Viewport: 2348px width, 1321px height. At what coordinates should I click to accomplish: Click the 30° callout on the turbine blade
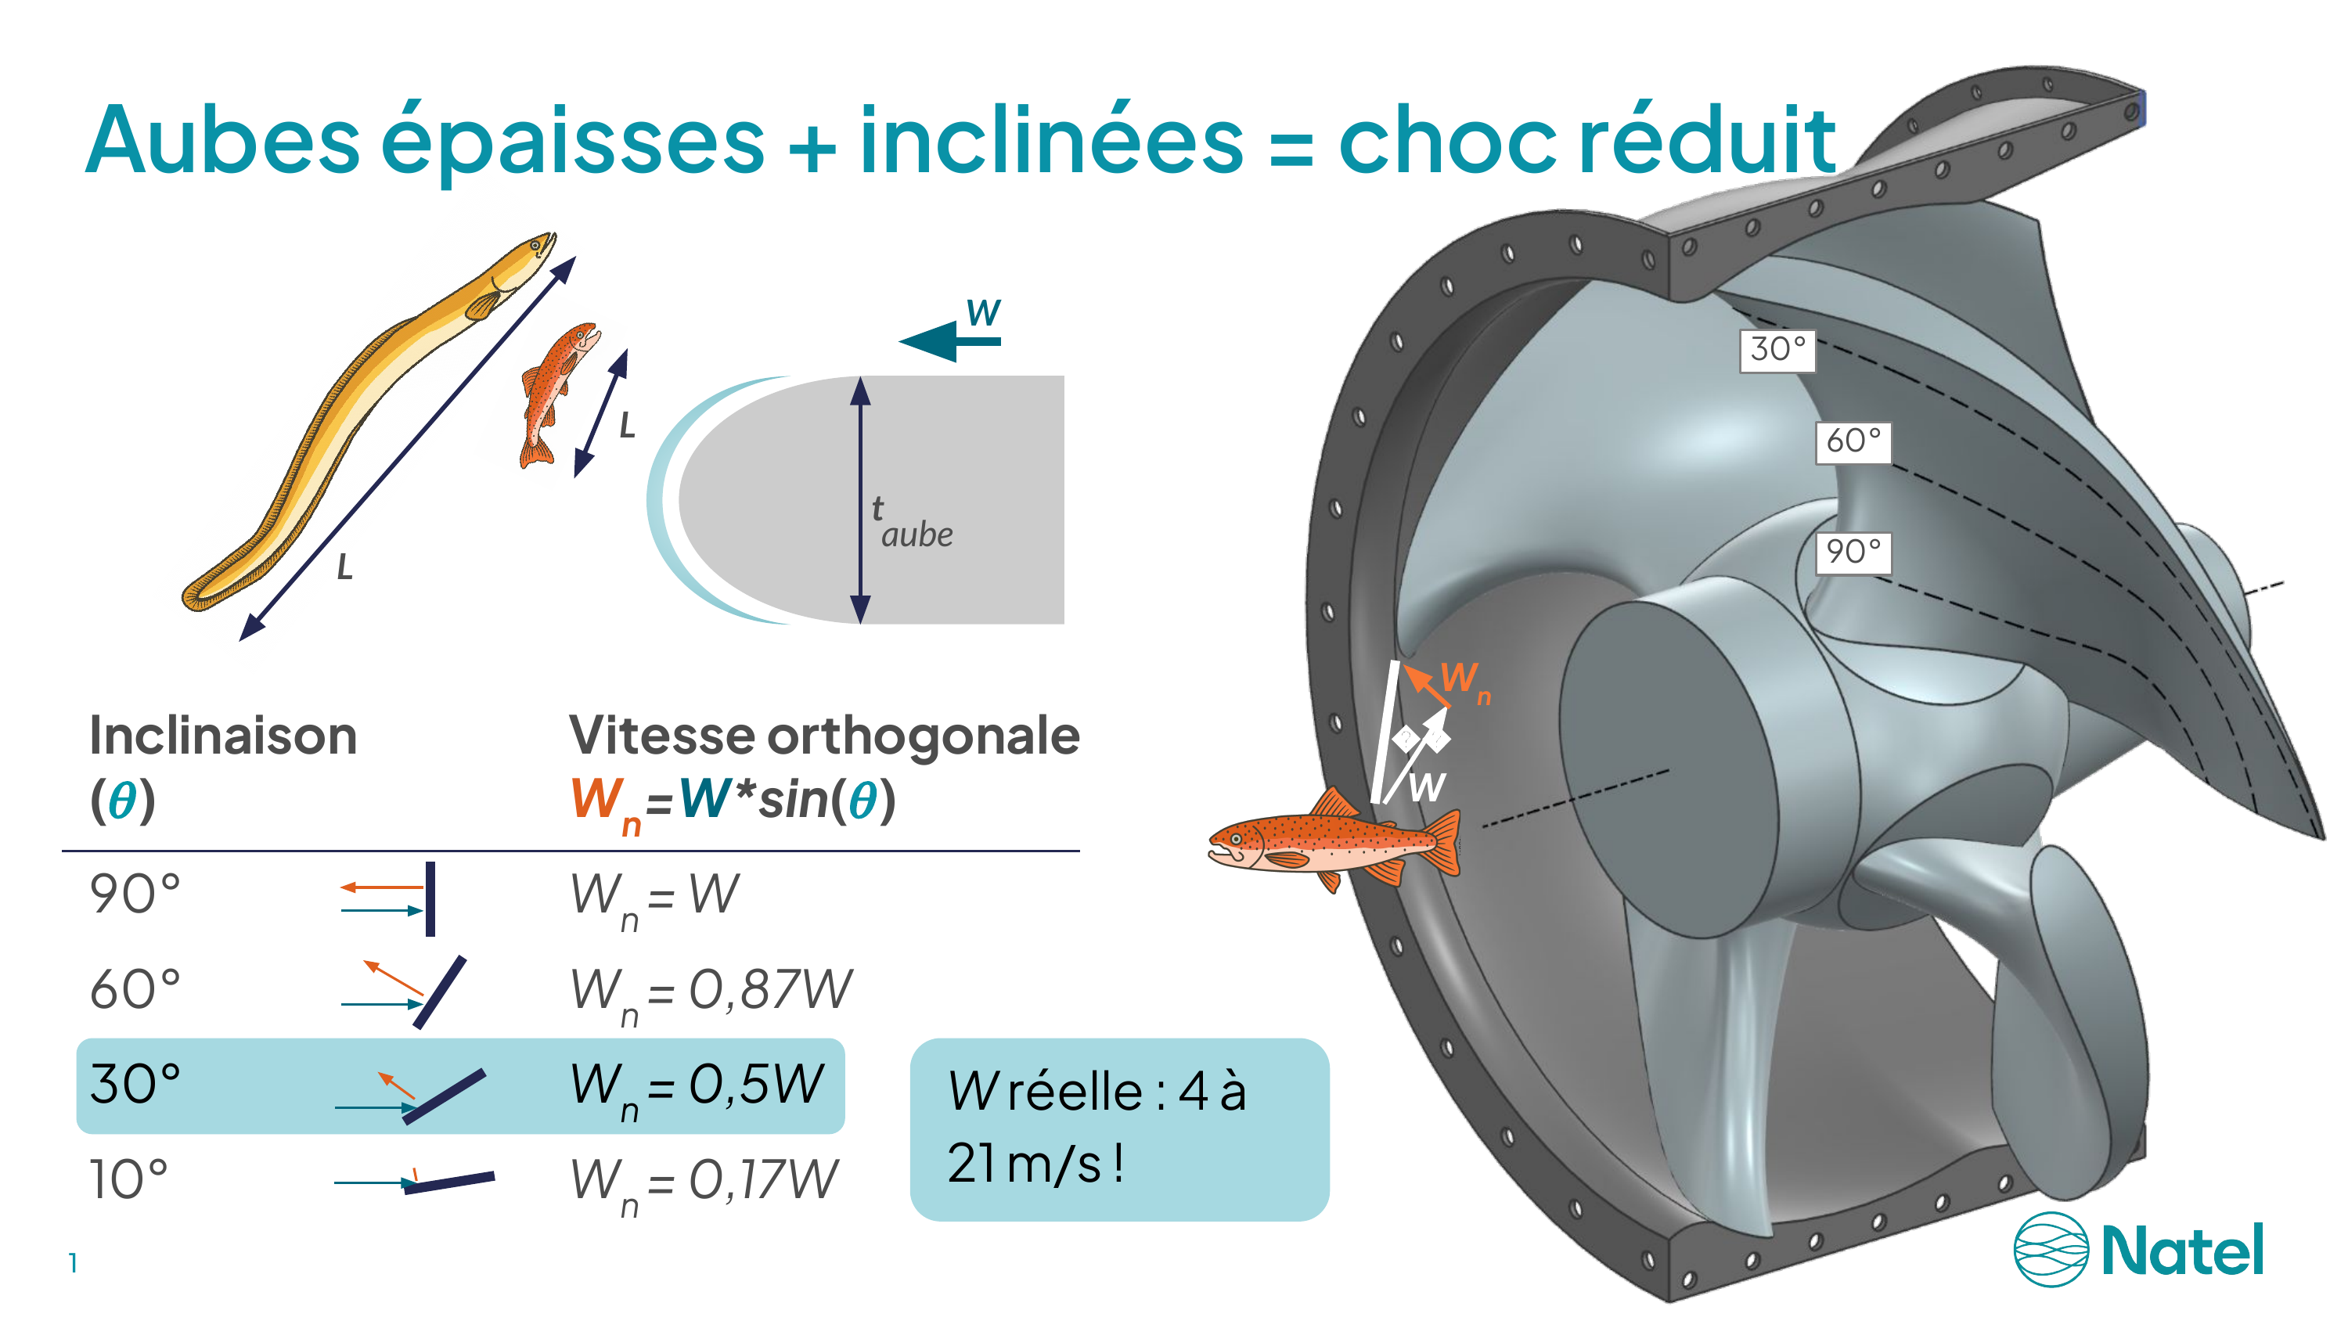point(1777,350)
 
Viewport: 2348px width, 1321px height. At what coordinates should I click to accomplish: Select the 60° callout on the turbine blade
point(1853,442)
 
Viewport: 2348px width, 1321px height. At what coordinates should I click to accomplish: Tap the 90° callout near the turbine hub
point(1853,553)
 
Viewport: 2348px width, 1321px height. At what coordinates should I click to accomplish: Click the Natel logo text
point(2182,1250)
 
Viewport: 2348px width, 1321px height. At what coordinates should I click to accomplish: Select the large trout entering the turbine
point(1334,839)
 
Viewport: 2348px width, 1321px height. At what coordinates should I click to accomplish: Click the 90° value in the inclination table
point(135,894)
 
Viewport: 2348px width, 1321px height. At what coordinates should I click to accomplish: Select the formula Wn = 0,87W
point(711,994)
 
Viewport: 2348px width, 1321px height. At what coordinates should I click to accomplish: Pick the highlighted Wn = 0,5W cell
point(697,1089)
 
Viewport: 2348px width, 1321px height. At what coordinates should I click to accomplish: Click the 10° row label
point(128,1179)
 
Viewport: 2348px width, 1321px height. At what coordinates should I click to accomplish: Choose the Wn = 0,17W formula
point(704,1183)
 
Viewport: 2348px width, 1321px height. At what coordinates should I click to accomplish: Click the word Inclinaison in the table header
point(223,736)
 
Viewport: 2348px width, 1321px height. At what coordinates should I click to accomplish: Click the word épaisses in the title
point(572,142)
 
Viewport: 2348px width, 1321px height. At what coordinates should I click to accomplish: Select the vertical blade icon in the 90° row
point(430,899)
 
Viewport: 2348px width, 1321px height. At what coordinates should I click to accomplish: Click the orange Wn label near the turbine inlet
point(1466,682)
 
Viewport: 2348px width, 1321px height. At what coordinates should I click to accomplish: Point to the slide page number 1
point(73,1264)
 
